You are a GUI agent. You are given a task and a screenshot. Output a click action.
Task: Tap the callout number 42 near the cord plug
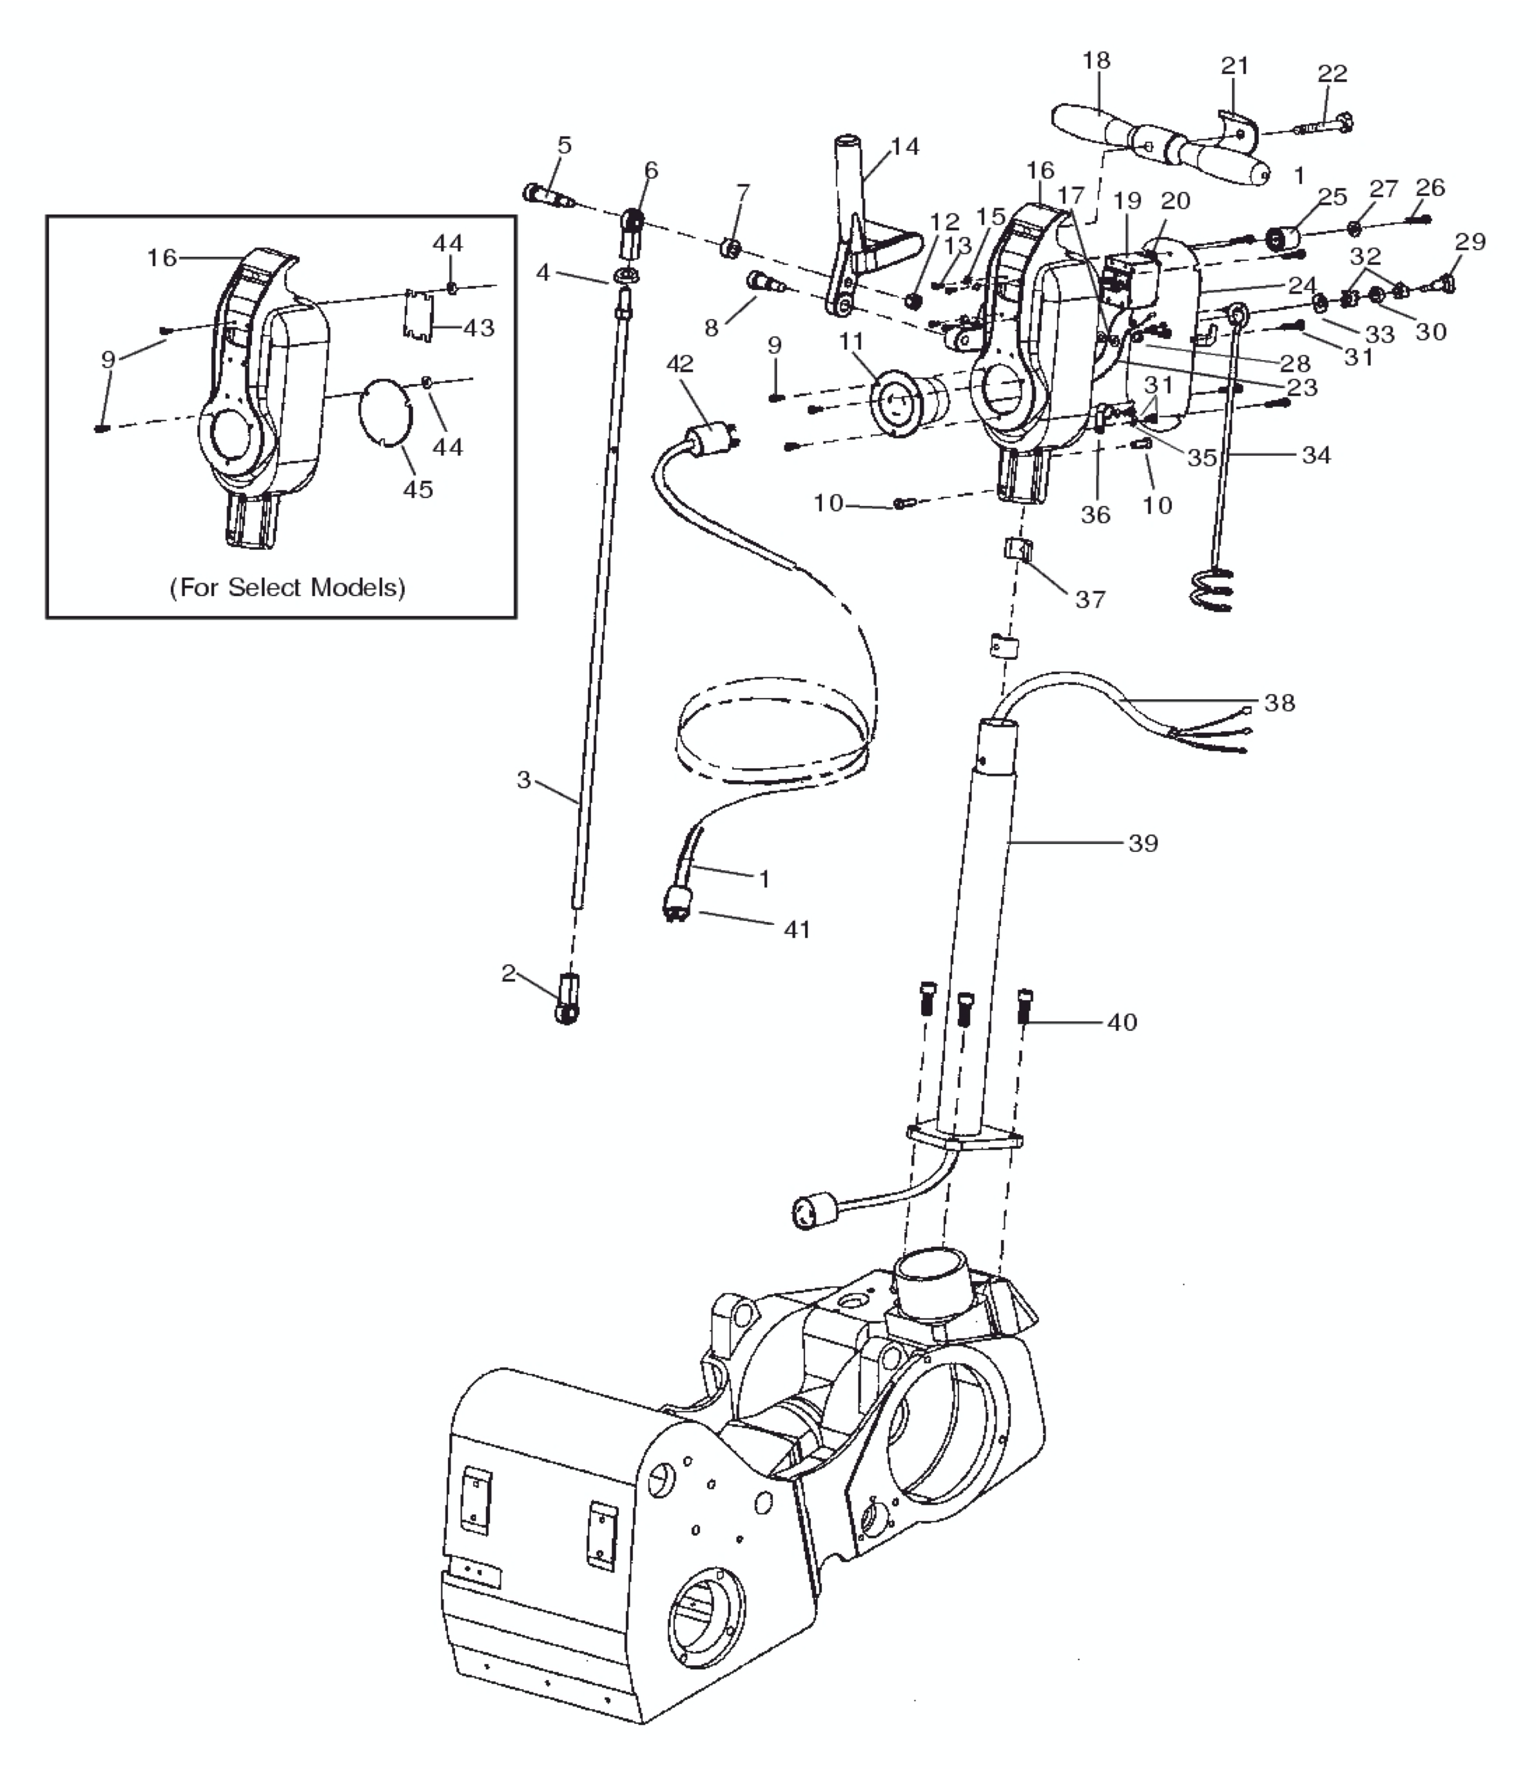[680, 363]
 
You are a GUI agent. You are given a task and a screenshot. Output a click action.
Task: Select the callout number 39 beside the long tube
[1143, 844]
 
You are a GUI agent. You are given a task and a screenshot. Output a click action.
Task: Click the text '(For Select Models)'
[287, 588]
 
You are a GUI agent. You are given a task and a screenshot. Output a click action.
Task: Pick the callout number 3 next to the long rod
[524, 780]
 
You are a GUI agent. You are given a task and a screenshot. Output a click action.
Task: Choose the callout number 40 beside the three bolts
[1122, 1023]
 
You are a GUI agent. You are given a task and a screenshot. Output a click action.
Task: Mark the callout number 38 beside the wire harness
[1279, 703]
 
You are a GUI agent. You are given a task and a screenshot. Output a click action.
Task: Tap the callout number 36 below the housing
[1095, 515]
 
